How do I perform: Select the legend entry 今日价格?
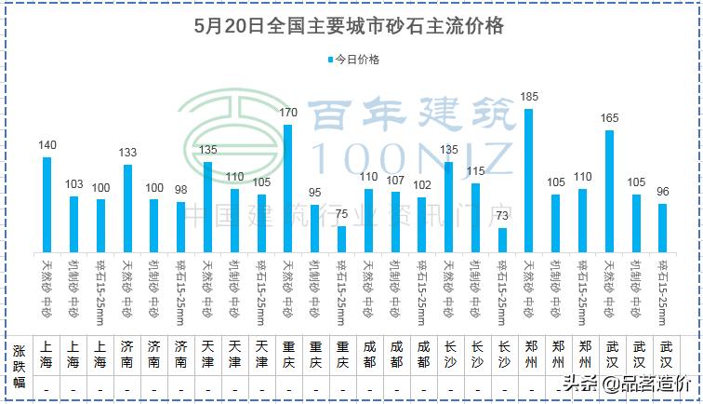[x=352, y=59]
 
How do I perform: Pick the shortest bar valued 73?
[x=502, y=239]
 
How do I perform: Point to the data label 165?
[x=609, y=118]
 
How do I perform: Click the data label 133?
[x=127, y=153]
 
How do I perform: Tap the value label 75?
[x=342, y=214]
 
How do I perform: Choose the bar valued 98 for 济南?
[x=181, y=226]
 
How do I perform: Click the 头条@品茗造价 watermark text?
[x=624, y=383]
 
